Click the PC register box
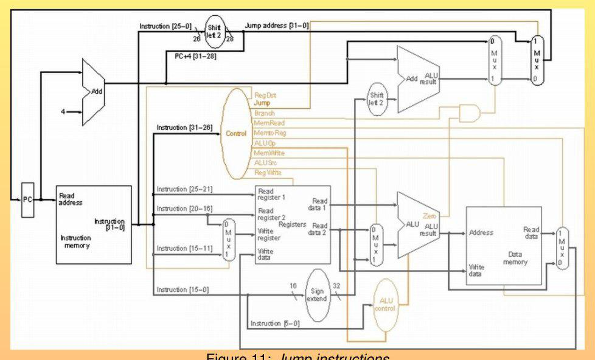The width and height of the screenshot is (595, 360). pos(28,199)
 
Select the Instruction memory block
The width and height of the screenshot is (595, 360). pos(94,224)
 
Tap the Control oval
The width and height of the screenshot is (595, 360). pos(236,133)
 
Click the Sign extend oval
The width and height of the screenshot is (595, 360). pos(316,294)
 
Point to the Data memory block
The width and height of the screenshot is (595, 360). pos(503,245)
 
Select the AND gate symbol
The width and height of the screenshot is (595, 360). pos(470,112)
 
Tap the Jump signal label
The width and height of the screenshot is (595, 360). pos(262,103)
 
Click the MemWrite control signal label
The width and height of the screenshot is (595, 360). pos(269,153)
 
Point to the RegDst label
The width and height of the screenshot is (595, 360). pos(265,95)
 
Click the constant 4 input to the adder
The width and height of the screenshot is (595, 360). pos(63,112)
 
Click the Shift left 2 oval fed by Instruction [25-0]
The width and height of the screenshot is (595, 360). pos(215,31)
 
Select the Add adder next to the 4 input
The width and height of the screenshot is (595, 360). pos(94,92)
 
